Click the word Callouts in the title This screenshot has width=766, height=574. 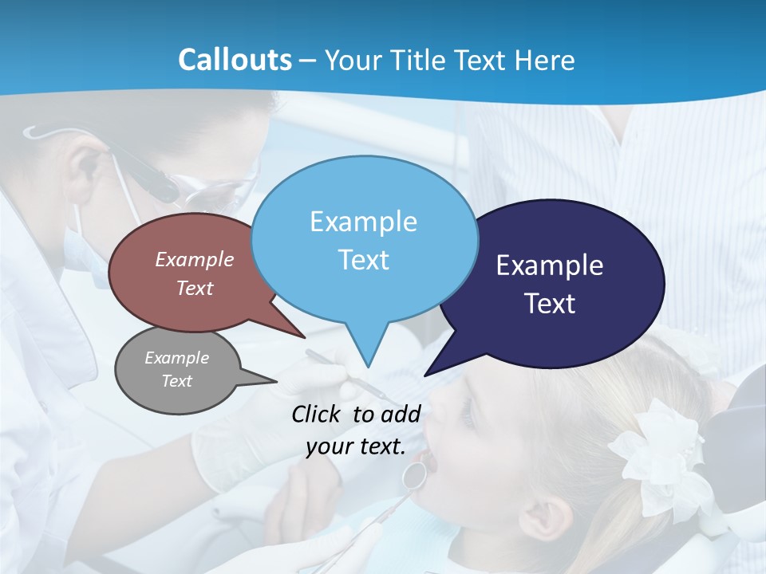pos(235,60)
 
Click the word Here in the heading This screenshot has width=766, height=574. pos(544,60)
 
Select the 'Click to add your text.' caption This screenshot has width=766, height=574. pos(356,430)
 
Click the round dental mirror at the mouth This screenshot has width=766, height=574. pos(414,475)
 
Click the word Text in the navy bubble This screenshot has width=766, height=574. pos(551,304)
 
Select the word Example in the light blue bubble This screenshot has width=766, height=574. pos(363,222)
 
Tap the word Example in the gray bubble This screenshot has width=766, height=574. pos(176,358)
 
